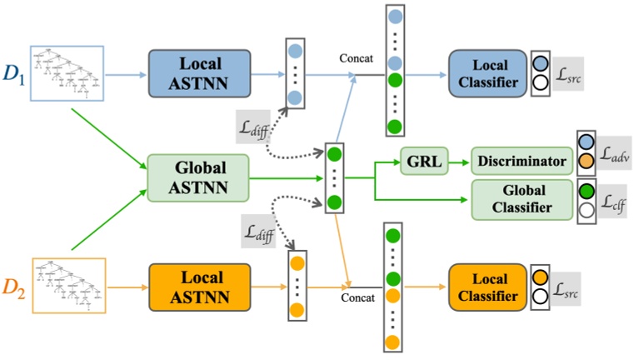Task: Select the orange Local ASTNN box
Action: [x=199, y=286]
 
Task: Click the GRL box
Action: [x=424, y=159]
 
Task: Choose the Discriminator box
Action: [x=520, y=159]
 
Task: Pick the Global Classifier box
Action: [x=520, y=198]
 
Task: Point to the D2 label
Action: [x=14, y=287]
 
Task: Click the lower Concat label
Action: [x=356, y=296]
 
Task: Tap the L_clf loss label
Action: [x=616, y=200]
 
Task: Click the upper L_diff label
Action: [x=250, y=126]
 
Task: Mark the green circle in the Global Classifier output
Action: [x=586, y=190]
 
